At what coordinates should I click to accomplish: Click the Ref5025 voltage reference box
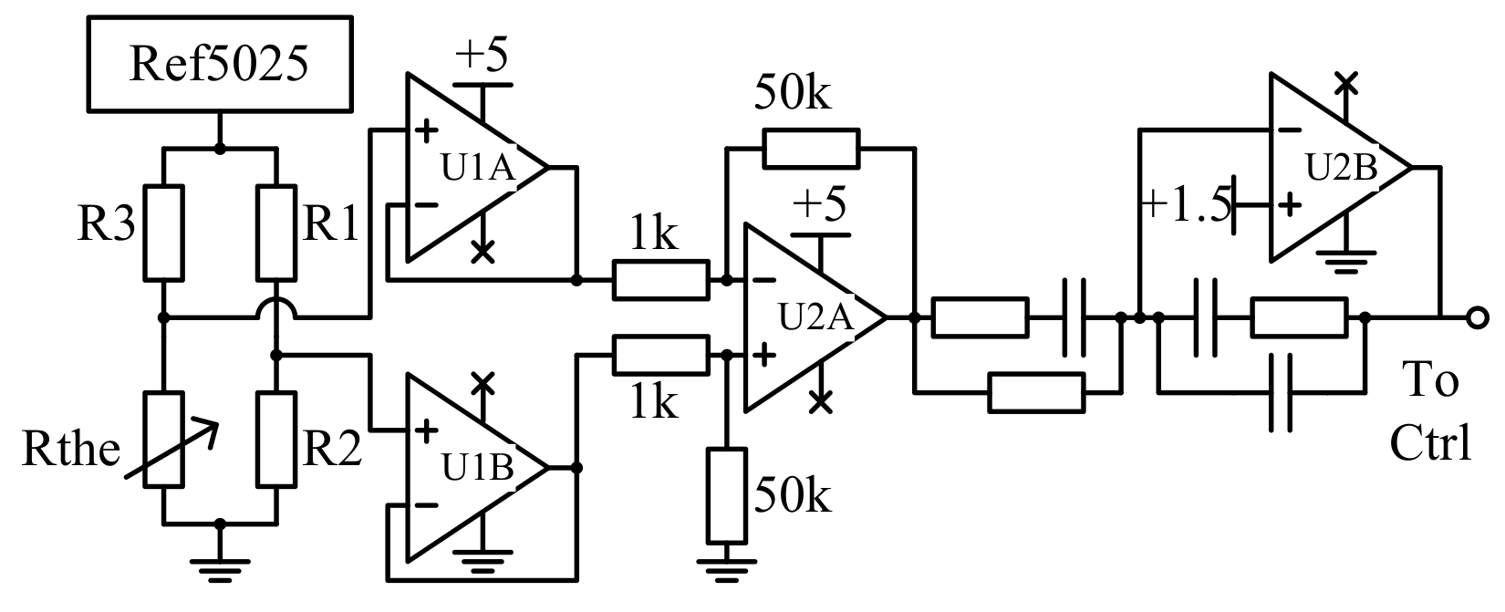tap(219, 64)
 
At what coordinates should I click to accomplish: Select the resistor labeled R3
tap(164, 233)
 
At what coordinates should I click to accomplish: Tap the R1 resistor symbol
tap(276, 233)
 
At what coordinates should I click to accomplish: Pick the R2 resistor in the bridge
tap(276, 440)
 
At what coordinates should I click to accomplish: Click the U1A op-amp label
tap(479, 169)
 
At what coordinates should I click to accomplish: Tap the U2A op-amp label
tap(815, 318)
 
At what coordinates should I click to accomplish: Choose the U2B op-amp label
tap(1341, 169)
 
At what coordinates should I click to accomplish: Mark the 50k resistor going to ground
tap(727, 495)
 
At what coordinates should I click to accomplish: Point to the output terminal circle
tap(1478, 317)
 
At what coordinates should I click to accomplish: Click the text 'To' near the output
tap(1429, 380)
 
